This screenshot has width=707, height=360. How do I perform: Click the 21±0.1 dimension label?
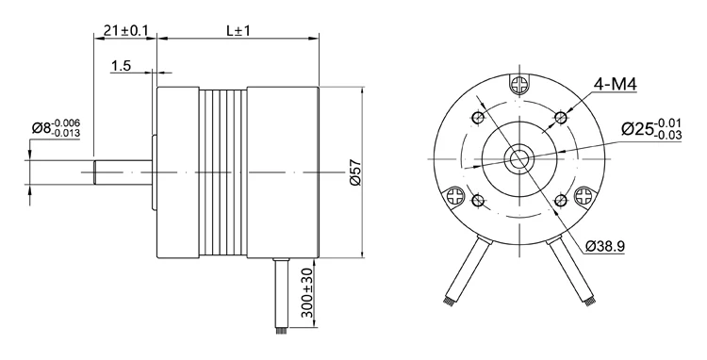point(125,30)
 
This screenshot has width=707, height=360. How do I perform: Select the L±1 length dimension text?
point(238,30)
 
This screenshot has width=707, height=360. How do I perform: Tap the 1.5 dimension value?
point(121,66)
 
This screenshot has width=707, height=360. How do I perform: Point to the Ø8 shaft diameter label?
point(56,127)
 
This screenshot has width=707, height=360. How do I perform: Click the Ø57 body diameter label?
point(355,172)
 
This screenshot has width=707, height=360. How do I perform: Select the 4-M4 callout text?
point(615,84)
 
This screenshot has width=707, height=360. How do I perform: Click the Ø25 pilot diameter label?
point(651,129)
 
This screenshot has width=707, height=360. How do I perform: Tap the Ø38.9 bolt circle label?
point(604,246)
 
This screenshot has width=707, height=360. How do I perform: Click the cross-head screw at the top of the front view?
point(519,84)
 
